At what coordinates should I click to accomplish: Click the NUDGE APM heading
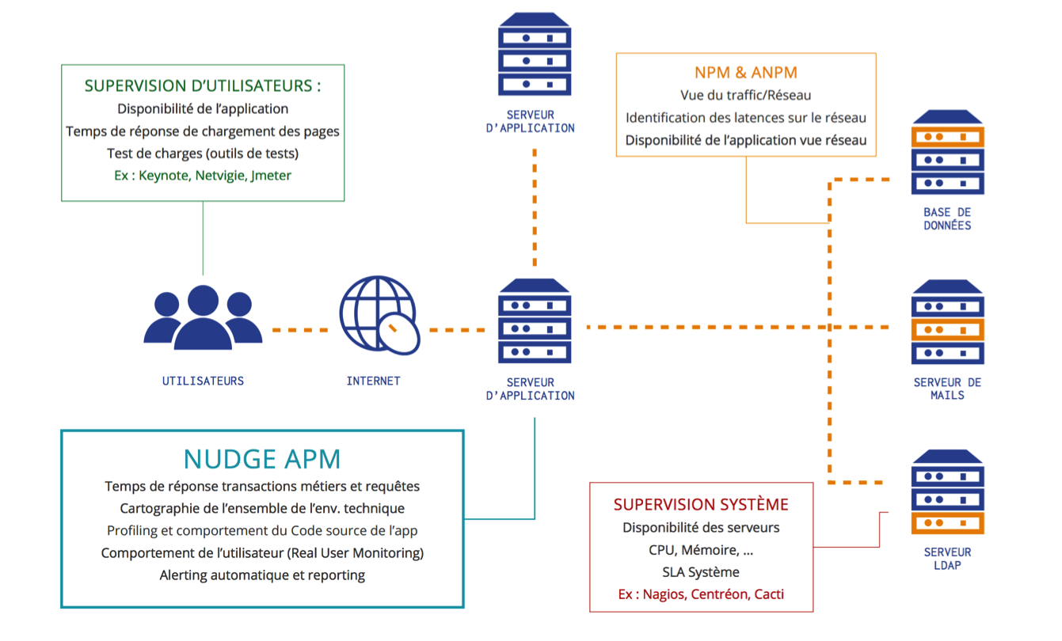[x=262, y=459]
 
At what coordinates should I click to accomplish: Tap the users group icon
[x=203, y=317]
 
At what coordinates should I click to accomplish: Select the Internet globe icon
[x=379, y=315]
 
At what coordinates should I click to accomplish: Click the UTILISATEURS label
[x=203, y=381]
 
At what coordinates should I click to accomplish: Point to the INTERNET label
[x=374, y=381]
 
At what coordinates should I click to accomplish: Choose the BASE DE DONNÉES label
[x=947, y=219]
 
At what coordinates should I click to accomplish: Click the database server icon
[x=948, y=152]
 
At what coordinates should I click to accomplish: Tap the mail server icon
[x=948, y=322]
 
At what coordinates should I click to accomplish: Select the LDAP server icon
[x=948, y=491]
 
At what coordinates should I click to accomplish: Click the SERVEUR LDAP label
[x=948, y=559]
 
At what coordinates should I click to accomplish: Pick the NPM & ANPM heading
[x=746, y=73]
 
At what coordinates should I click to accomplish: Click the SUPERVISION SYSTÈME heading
[x=701, y=505]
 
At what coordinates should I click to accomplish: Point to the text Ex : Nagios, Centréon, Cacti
[x=701, y=594]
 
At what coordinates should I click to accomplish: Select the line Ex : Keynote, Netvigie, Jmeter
[x=203, y=176]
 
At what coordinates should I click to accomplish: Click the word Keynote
[x=165, y=176]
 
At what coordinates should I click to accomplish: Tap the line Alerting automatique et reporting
[x=262, y=575]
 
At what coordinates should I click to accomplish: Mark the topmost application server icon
[x=535, y=54]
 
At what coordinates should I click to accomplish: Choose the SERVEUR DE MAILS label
[x=947, y=389]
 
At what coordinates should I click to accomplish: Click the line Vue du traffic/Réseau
[x=746, y=95]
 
